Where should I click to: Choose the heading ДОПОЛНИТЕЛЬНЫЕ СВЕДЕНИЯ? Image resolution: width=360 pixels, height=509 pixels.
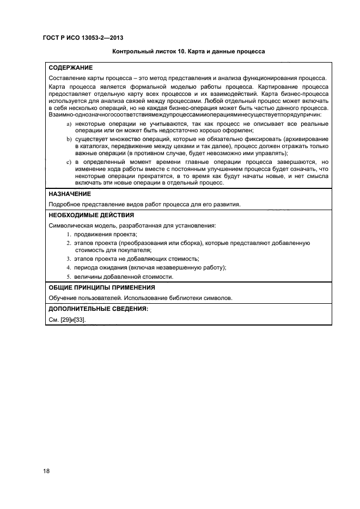(x=90, y=309)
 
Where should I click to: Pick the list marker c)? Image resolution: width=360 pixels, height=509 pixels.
(x=69, y=162)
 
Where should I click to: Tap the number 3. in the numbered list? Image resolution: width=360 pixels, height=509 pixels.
(x=69, y=259)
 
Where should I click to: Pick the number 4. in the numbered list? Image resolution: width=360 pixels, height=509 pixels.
(x=69, y=267)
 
